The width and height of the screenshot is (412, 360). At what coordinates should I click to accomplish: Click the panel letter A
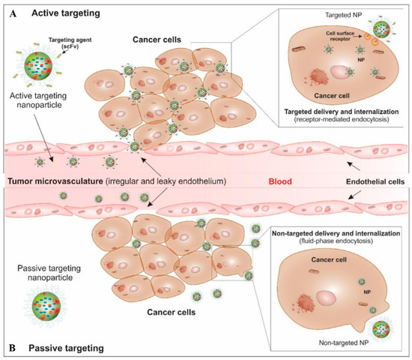pos(11,11)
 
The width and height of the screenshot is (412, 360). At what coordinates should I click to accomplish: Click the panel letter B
pos(11,348)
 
